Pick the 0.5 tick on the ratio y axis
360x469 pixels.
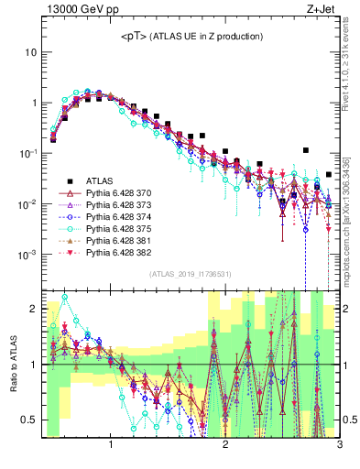pos(29,420)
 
